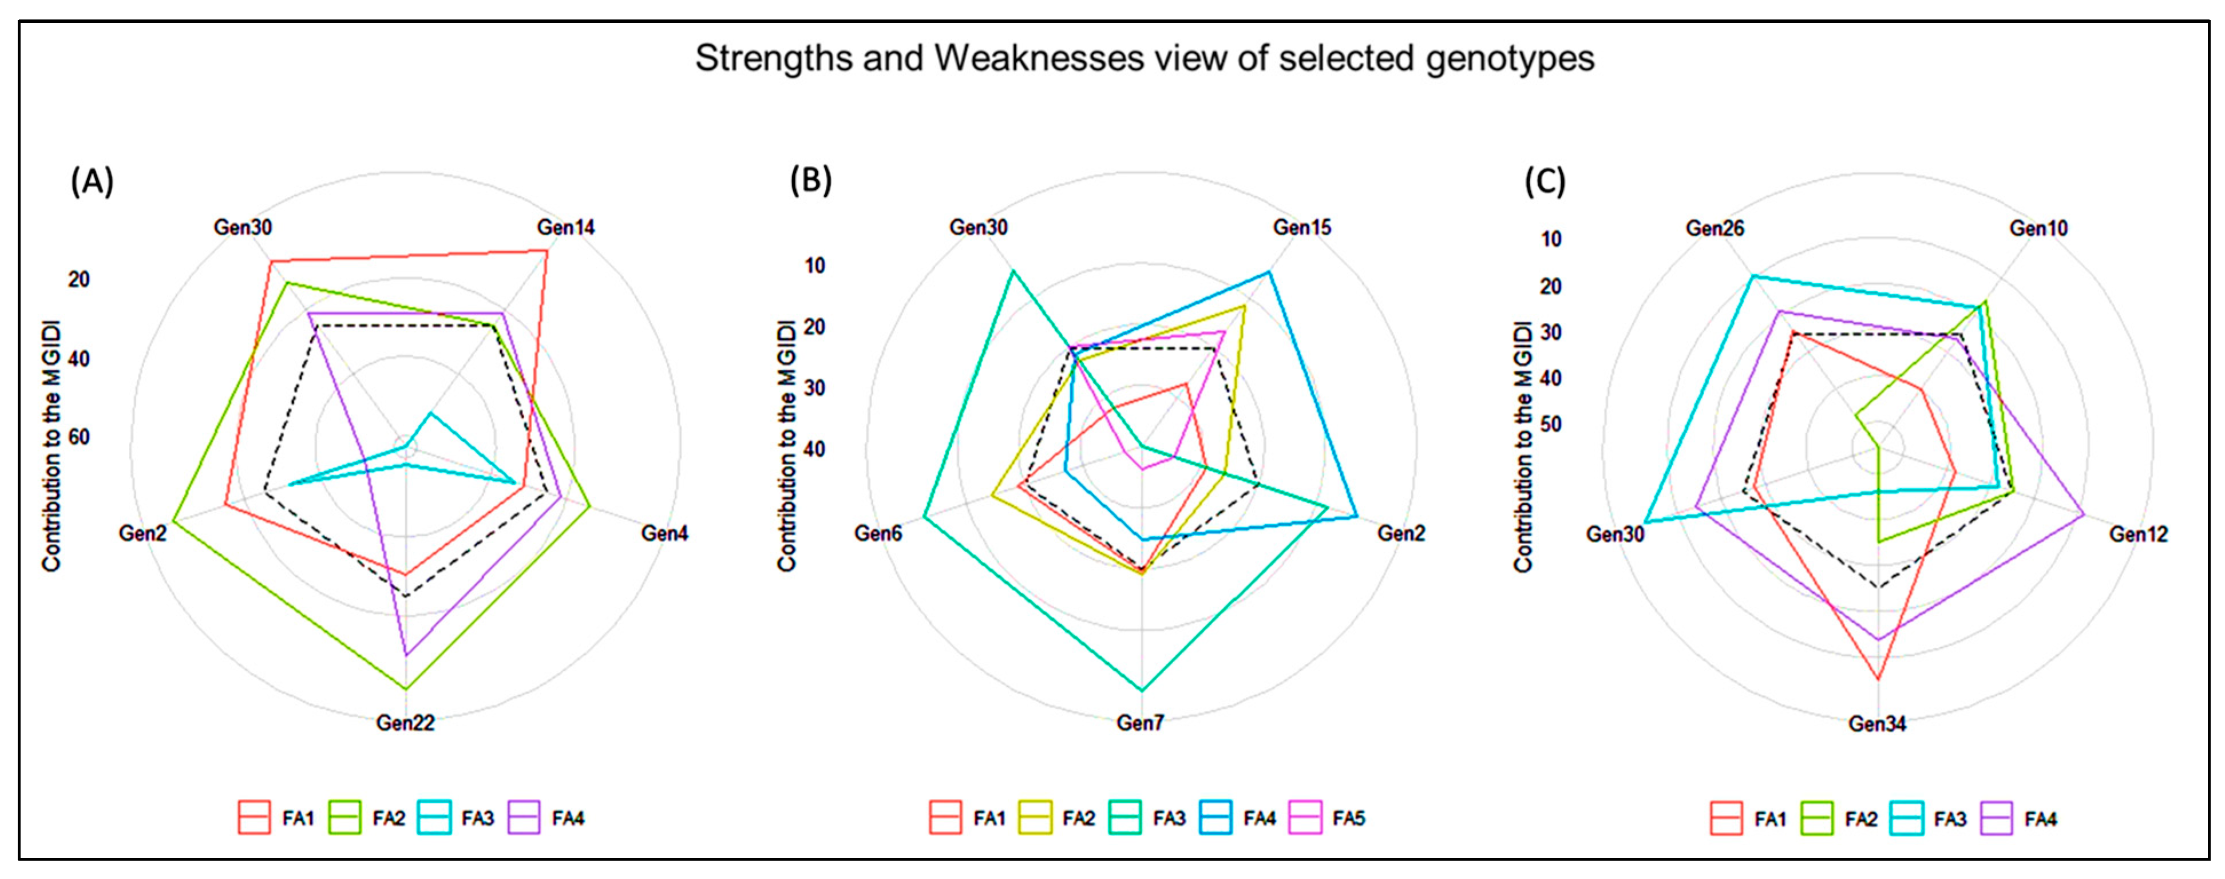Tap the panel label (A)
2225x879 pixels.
(x=92, y=181)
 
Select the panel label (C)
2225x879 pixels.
(x=1545, y=181)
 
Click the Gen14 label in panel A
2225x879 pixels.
(x=566, y=227)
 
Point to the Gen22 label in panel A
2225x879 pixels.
(x=405, y=723)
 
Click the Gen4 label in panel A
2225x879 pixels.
(x=664, y=533)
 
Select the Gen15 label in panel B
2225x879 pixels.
(x=1302, y=227)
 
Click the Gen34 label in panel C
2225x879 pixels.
(x=1877, y=723)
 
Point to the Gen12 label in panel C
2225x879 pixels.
(x=2138, y=534)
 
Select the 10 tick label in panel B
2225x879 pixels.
(x=814, y=266)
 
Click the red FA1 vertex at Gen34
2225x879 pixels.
(x=1878, y=679)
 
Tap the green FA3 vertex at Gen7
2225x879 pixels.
(x=1142, y=690)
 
